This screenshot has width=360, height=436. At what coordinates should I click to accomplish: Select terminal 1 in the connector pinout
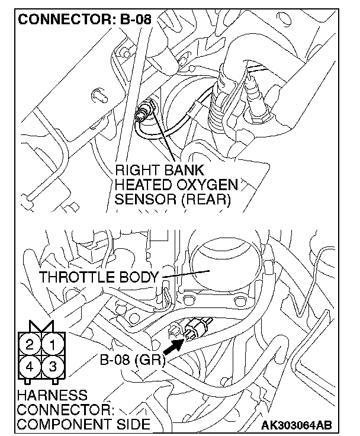53,343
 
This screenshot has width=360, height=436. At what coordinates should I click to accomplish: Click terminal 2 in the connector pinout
30,343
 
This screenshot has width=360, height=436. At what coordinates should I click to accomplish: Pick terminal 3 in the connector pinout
53,366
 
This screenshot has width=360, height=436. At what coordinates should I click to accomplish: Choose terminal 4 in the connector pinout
30,366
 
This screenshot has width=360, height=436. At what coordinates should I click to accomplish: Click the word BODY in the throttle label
142,277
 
